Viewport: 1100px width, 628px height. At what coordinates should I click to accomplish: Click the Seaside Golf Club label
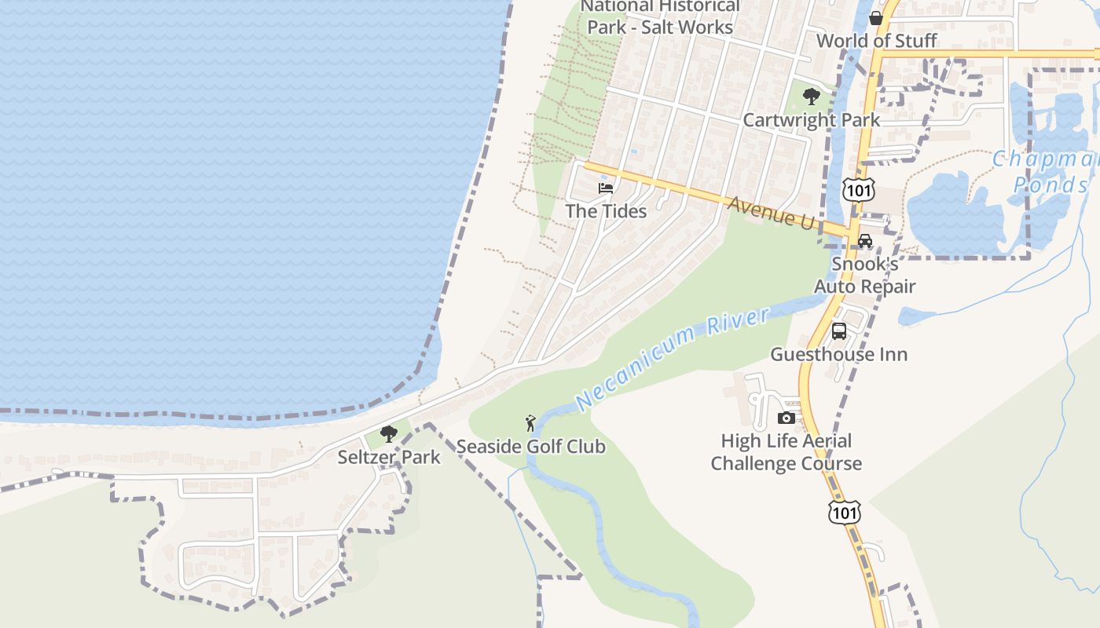point(531,447)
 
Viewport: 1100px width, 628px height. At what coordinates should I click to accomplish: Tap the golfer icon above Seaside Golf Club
point(531,423)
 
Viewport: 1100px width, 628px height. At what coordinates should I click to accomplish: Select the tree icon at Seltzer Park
point(388,434)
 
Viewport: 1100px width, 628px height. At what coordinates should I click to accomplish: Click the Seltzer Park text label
point(389,457)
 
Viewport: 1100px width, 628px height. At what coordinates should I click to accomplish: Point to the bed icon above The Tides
point(606,188)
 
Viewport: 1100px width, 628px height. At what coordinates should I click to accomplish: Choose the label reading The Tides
point(606,211)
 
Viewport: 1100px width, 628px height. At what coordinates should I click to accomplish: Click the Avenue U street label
point(771,213)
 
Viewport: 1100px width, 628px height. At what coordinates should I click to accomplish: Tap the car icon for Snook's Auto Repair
point(865,241)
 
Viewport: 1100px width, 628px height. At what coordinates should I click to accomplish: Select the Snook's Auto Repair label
point(865,275)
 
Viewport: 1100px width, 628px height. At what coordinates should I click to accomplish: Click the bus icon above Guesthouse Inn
point(839,331)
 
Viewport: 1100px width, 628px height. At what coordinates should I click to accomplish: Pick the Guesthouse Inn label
point(838,354)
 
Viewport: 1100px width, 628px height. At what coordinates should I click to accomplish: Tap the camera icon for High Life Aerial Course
point(786,418)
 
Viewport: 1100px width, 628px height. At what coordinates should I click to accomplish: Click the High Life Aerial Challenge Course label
point(786,452)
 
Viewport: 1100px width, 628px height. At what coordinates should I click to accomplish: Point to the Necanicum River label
point(673,359)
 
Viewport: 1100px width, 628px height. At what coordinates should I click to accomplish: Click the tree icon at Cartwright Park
point(812,97)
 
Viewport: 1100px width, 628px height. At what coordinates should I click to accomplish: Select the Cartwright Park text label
point(812,120)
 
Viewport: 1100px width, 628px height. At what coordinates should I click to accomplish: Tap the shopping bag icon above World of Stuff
point(876,18)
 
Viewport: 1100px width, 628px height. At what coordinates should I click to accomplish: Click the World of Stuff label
point(876,40)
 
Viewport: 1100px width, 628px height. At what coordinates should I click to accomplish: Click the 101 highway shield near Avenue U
point(857,189)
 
